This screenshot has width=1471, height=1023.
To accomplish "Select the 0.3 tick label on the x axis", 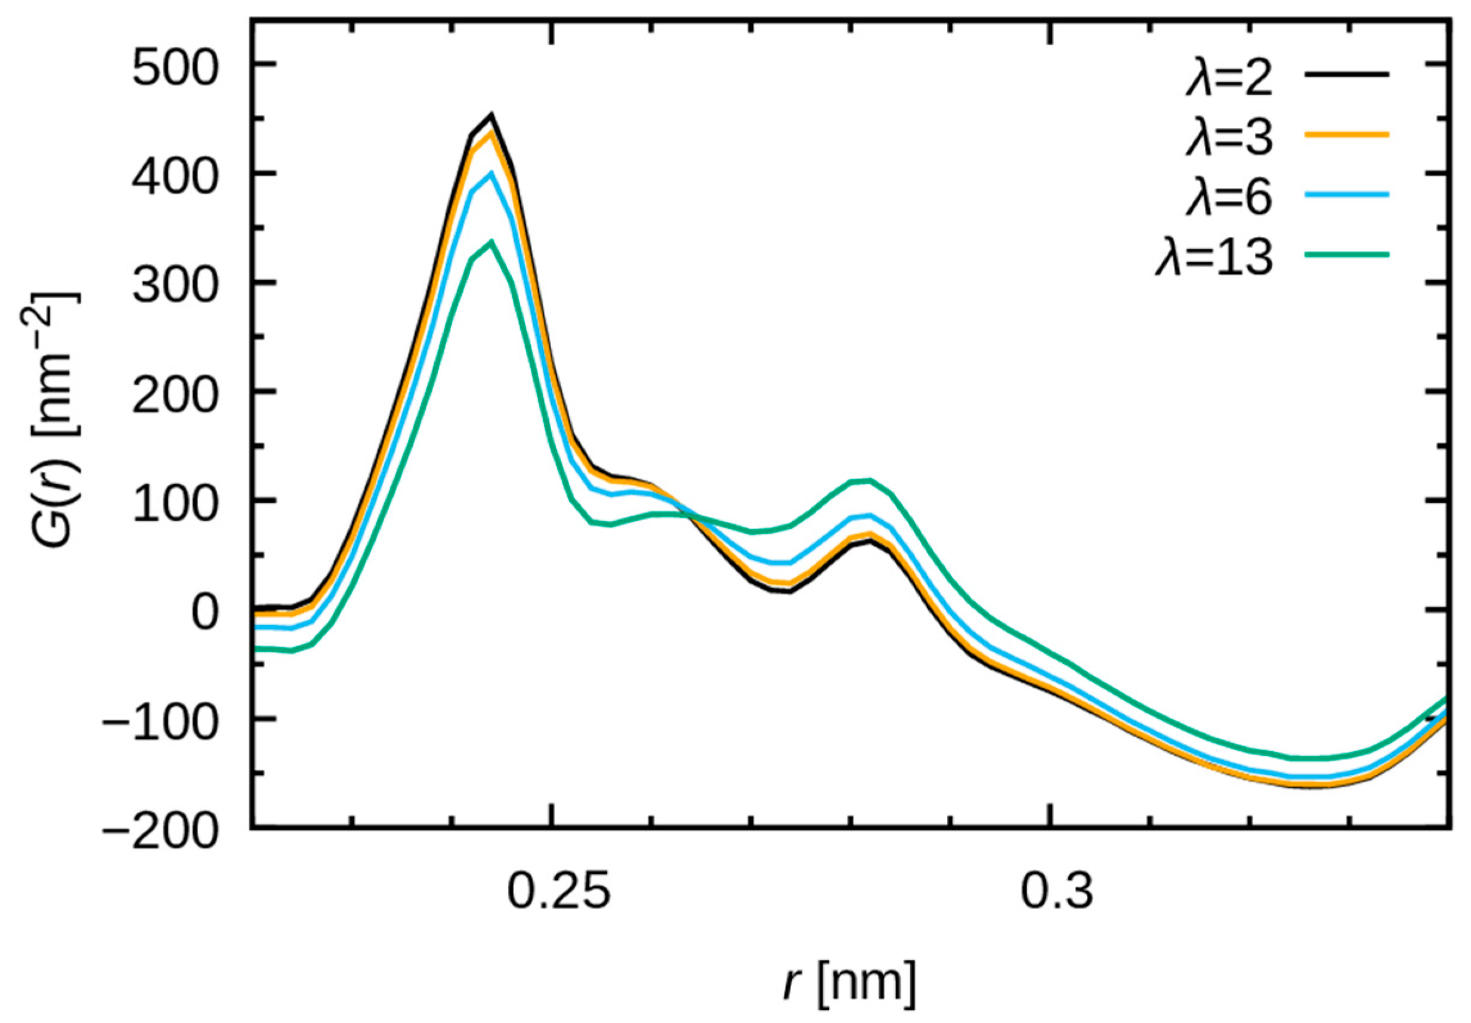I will (x=1056, y=891).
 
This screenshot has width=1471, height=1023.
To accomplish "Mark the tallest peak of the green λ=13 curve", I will (x=492, y=242).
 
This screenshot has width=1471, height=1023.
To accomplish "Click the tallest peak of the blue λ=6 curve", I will (x=492, y=173).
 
